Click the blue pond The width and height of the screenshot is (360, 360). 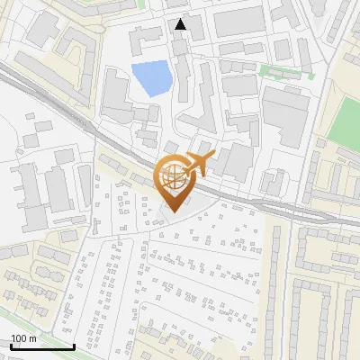tap(150, 78)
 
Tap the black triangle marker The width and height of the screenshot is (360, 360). tap(181, 24)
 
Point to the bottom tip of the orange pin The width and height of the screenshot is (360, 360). tap(174, 212)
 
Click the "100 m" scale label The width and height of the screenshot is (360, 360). tap(24, 338)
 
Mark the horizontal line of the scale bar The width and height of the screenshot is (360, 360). tap(42, 346)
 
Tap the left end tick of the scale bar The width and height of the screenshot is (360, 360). tap(11, 345)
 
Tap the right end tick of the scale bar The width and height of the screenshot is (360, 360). tap(74, 345)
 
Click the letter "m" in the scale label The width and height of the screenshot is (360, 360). tap(32, 338)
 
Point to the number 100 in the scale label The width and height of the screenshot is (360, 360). tap(19, 338)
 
